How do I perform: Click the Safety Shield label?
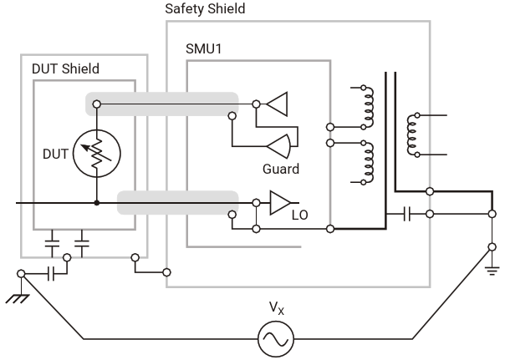pyautogui.click(x=207, y=9)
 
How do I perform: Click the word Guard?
pyautogui.click(x=279, y=169)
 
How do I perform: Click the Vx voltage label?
pyautogui.click(x=276, y=309)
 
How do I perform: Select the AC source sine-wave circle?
pyautogui.click(x=276, y=339)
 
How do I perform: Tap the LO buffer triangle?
pyautogui.click(x=279, y=202)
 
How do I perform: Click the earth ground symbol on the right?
pyautogui.click(x=491, y=268)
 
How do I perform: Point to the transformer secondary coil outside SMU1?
pyautogui.click(x=411, y=133)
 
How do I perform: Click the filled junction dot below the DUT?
pyautogui.click(x=97, y=202)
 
